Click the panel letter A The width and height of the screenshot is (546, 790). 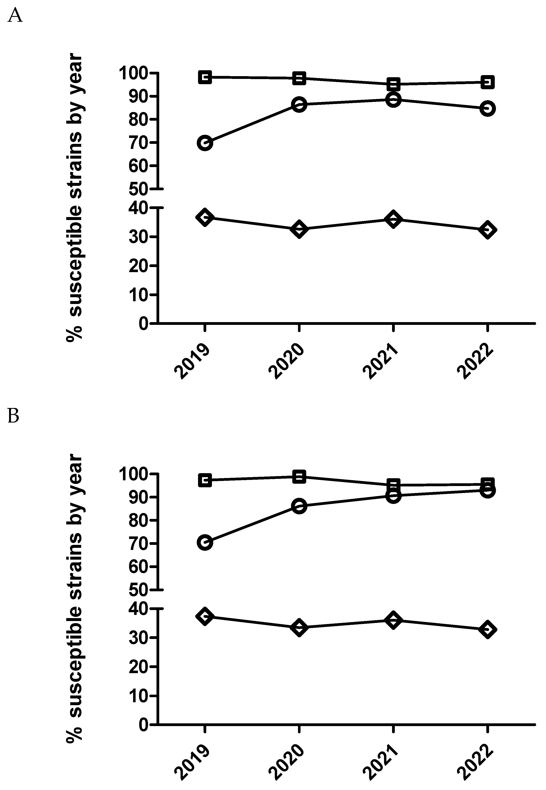coord(15,15)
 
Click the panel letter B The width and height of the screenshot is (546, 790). coord(13,416)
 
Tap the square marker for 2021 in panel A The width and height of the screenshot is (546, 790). coord(394,84)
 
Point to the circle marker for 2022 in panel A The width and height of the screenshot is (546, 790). coord(488,108)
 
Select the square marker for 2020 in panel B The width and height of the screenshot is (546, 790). coord(299,477)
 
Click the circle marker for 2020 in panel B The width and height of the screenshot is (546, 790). coord(299,506)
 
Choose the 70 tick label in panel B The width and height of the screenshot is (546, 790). coord(138,543)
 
